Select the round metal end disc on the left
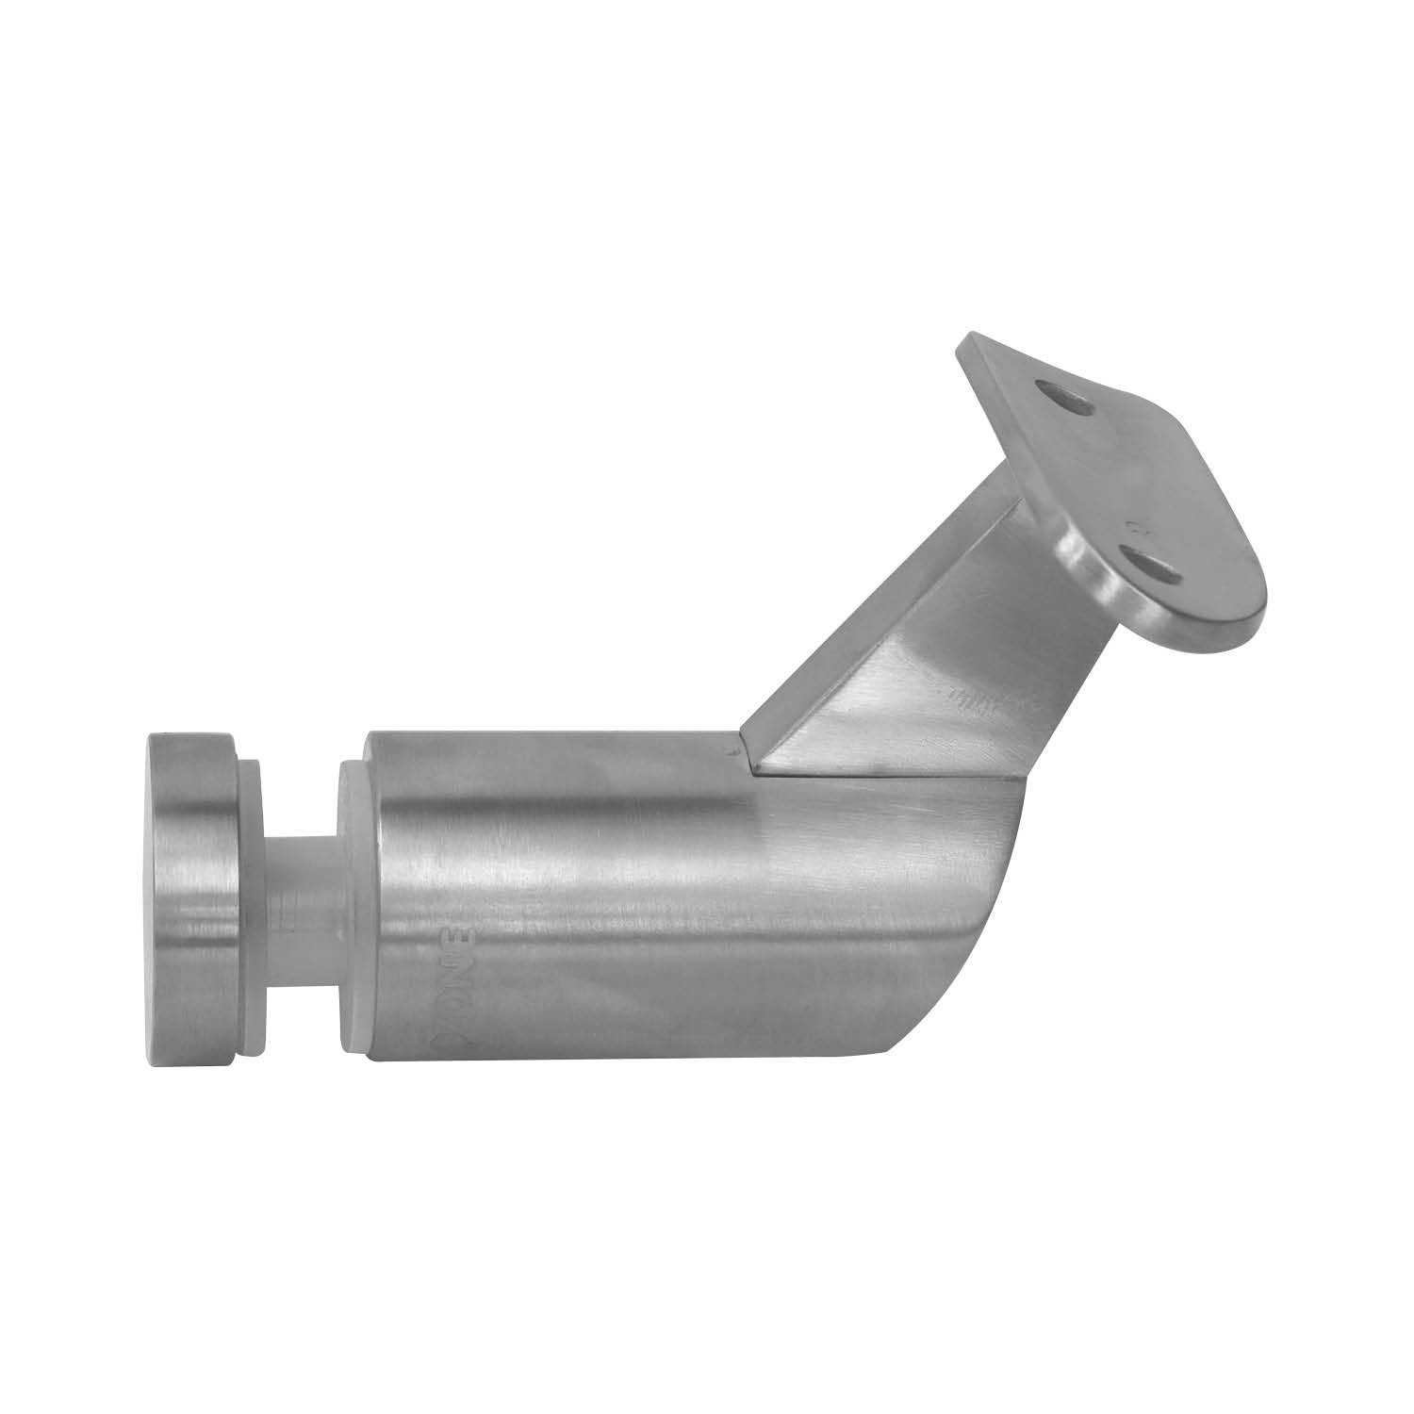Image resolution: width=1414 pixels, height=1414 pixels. [193, 896]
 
